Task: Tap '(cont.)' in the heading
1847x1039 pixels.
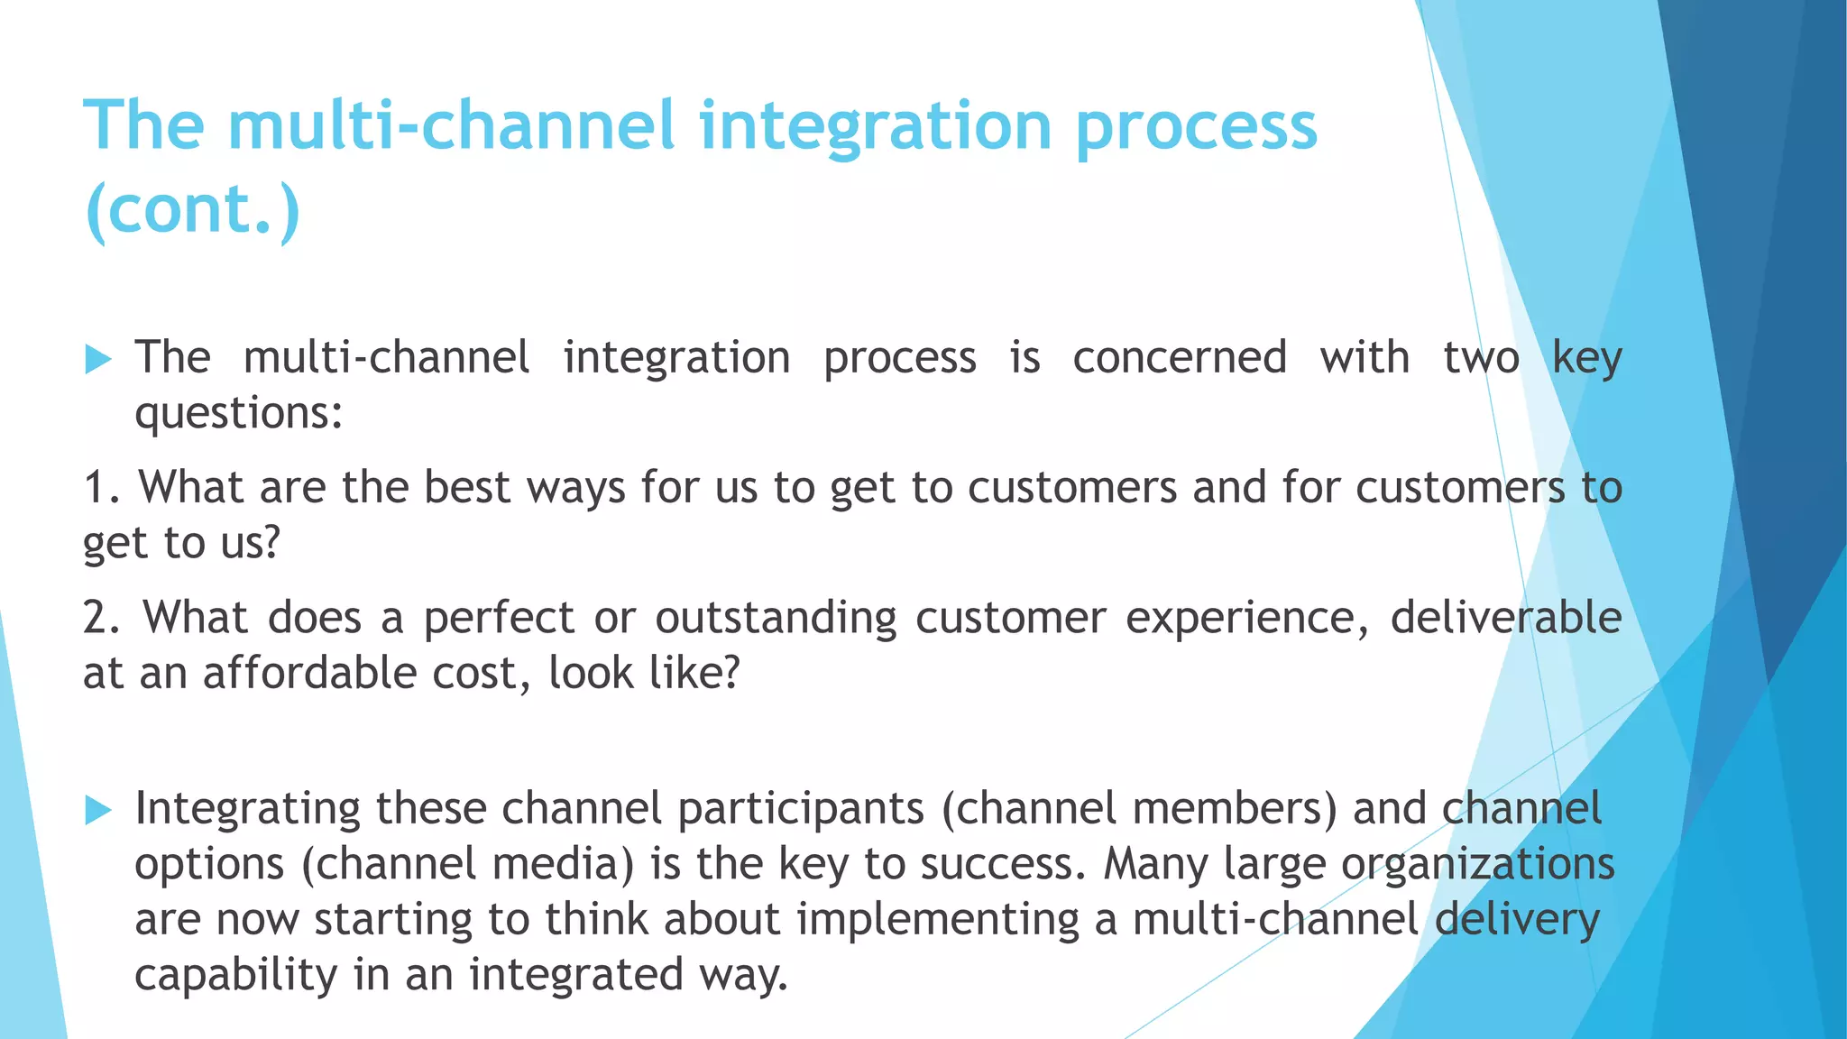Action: click(x=191, y=209)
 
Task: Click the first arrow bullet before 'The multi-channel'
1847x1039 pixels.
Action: click(x=97, y=360)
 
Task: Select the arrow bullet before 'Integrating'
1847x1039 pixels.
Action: click(x=97, y=810)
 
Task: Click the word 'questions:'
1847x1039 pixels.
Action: click(x=239, y=415)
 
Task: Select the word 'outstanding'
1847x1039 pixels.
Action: click(x=776, y=619)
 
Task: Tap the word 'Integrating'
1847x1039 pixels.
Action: click(x=246, y=810)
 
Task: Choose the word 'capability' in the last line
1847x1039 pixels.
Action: click(x=234, y=976)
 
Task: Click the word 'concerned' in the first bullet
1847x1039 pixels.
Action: click(x=1179, y=358)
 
